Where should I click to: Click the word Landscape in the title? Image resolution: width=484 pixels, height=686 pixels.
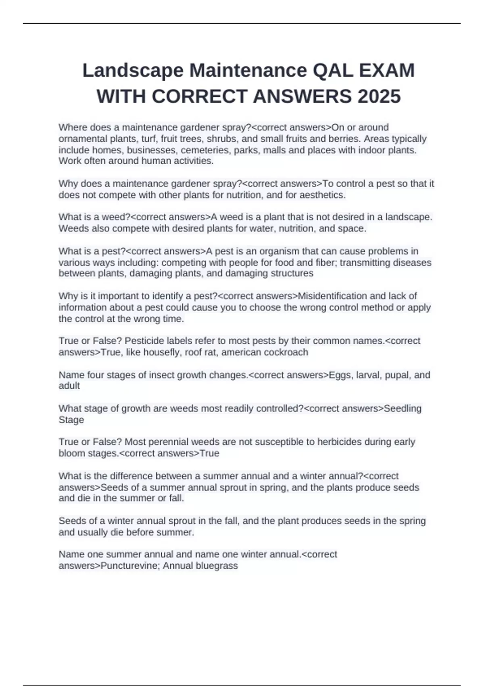pyautogui.click(x=133, y=71)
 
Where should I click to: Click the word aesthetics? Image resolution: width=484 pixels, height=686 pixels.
pyautogui.click(x=323, y=195)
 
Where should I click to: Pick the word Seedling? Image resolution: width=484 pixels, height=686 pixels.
pyautogui.click(x=403, y=408)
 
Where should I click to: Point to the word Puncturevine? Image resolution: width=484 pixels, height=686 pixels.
pyautogui.click(x=129, y=566)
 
